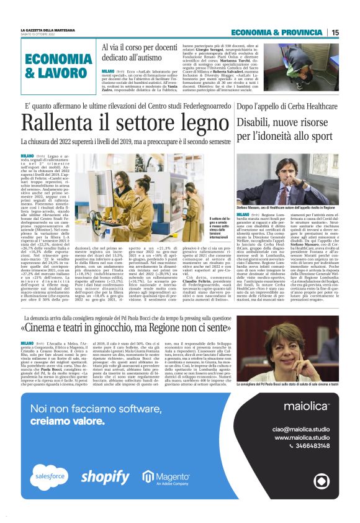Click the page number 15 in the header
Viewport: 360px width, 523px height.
(x=335, y=33)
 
